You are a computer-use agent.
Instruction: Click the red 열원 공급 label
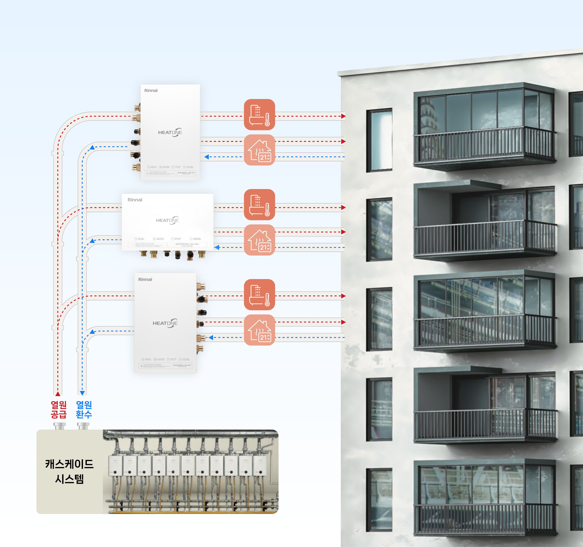pyautogui.click(x=59, y=409)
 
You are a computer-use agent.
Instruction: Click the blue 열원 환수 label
pyautogui.click(x=84, y=409)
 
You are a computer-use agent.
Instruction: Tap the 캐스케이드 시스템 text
pyautogui.click(x=69, y=471)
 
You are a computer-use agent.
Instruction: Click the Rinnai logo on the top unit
pyautogui.click(x=151, y=90)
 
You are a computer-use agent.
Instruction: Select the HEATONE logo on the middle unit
pyautogui.click(x=167, y=220)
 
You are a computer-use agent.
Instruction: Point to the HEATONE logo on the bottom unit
pyautogui.click(x=165, y=323)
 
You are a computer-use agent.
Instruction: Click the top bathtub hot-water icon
pyautogui.click(x=259, y=115)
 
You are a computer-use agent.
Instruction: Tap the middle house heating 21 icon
pyautogui.click(x=259, y=240)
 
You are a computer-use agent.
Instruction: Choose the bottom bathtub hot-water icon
pyautogui.click(x=259, y=295)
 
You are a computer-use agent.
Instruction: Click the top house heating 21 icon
pyautogui.click(x=259, y=150)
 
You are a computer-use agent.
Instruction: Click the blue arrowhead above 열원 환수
pyautogui.click(x=82, y=393)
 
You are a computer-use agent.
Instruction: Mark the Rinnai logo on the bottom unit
pyautogui.click(x=145, y=279)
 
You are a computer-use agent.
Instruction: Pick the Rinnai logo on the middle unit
pyautogui.click(x=135, y=200)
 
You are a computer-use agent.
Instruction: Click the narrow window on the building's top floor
pyautogui.click(x=379, y=140)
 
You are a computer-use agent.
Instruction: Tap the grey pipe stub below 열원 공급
pyautogui.click(x=60, y=426)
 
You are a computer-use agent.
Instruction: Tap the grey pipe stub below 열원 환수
pyautogui.click(x=83, y=426)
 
